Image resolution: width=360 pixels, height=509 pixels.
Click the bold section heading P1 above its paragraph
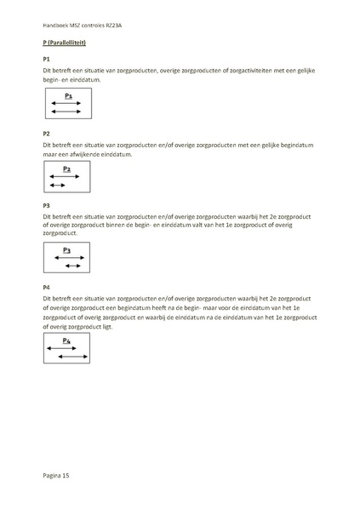point(46,59)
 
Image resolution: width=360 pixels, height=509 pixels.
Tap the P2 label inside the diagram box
point(66,169)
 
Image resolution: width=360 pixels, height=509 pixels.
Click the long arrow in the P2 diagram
point(65,177)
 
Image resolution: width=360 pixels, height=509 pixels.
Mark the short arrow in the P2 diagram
point(57,185)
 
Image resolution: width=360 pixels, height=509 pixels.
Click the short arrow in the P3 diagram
point(72,266)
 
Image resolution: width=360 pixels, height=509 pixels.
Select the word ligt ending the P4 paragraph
point(130,326)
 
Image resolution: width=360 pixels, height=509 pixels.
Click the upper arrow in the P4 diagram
point(61,348)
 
